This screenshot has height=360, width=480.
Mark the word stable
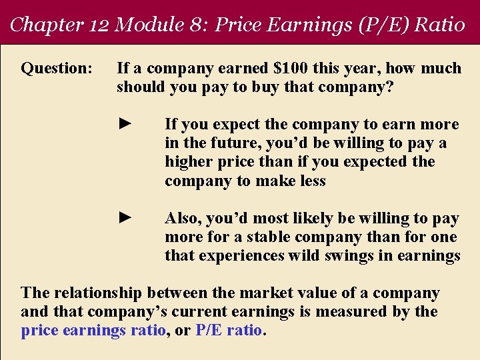coord(269,237)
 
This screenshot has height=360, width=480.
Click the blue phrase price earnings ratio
coord(93,331)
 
